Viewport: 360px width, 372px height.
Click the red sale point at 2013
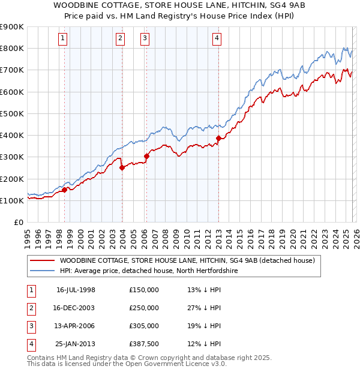[218, 138]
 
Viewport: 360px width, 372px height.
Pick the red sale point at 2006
[146, 156]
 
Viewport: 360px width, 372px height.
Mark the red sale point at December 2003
[122, 168]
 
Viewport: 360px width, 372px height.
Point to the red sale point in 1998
[64, 190]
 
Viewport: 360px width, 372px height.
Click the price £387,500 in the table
[144, 344]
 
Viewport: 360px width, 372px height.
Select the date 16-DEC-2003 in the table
[76, 308]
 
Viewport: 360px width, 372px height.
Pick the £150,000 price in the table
[144, 290]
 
